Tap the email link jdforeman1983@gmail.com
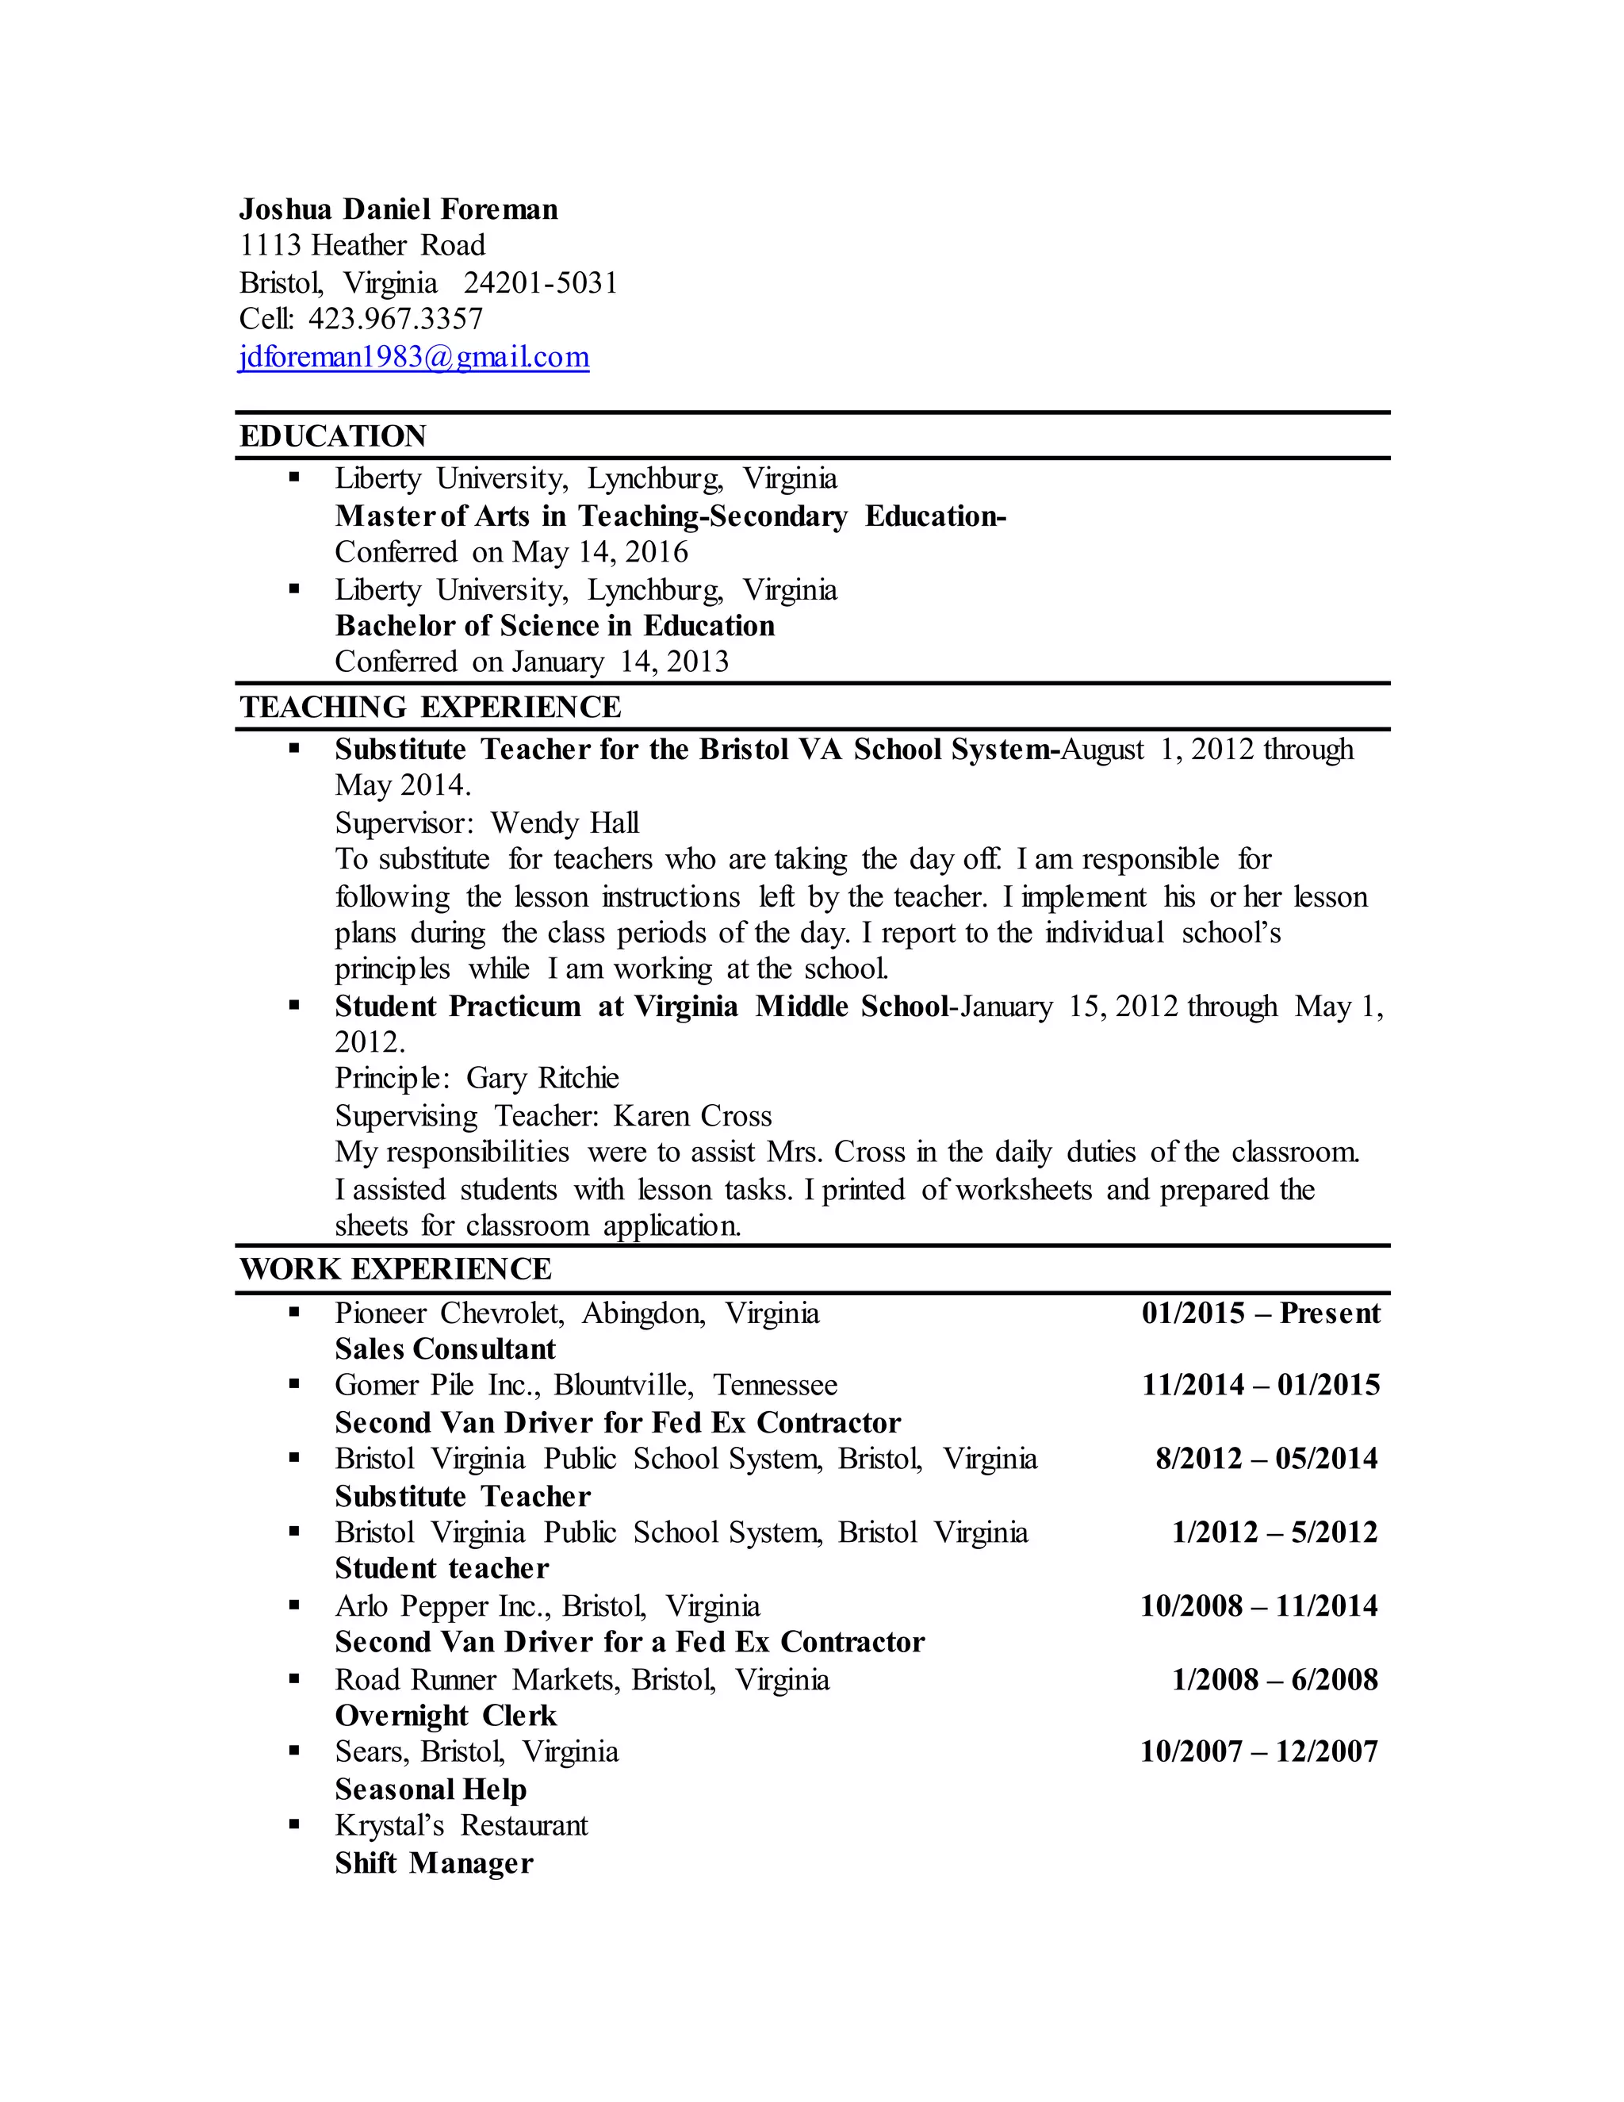coord(414,357)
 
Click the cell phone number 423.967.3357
coord(396,319)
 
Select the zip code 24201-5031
coord(541,283)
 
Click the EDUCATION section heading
coord(333,436)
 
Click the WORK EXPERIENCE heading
coord(396,1269)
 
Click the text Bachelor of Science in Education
coord(554,627)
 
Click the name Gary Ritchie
coord(542,1078)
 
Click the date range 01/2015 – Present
coord(1260,1314)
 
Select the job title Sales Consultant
coord(446,1349)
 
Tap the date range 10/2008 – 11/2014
coord(1258,1606)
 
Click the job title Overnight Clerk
coord(446,1716)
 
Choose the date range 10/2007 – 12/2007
coord(1258,1751)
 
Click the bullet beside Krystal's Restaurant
coord(294,1824)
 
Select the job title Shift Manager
coord(434,1863)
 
